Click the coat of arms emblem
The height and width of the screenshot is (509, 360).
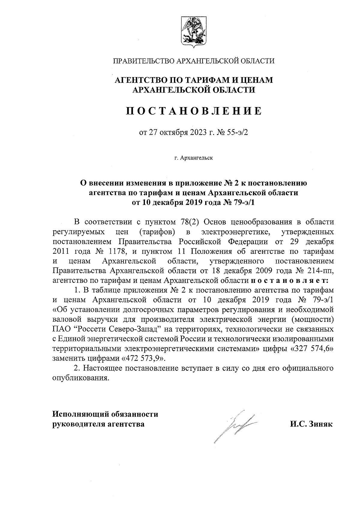pyautogui.click(x=193, y=32)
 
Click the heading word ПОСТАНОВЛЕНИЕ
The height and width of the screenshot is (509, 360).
pyautogui.click(x=193, y=111)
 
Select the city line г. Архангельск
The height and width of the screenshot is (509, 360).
pyautogui.click(x=193, y=158)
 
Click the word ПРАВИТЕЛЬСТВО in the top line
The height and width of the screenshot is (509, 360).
pyautogui.click(x=143, y=61)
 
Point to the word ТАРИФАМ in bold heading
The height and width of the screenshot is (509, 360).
pyautogui.click(x=204, y=80)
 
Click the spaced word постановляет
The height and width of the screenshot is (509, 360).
pyautogui.click(x=289, y=280)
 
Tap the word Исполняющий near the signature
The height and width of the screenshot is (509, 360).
pyautogui.click(x=79, y=415)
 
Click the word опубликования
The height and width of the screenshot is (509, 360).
pyautogui.click(x=80, y=378)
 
